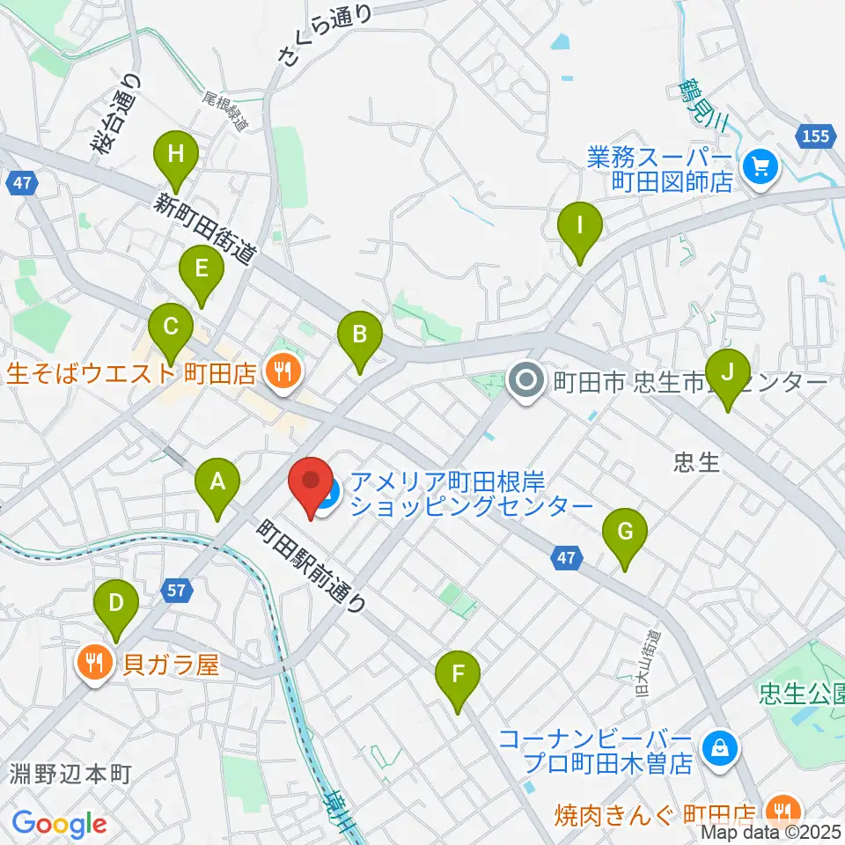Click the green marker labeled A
point(217,482)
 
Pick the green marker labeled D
point(117,604)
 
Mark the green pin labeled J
point(727,373)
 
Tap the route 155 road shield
point(816,136)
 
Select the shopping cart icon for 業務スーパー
point(758,165)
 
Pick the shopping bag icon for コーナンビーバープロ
point(719,749)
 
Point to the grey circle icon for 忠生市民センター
point(526,381)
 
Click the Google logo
point(59,824)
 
